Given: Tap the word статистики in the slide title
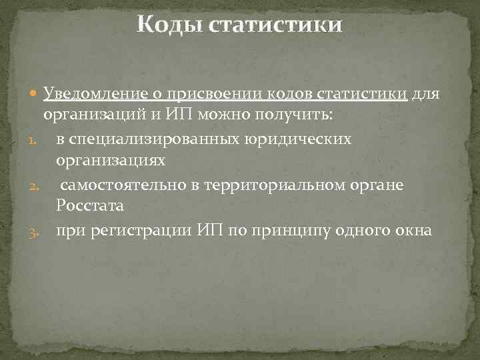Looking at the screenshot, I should pos(275,25).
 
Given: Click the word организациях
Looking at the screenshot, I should pos(111,161).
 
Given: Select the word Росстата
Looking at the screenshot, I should pos(90,207).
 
